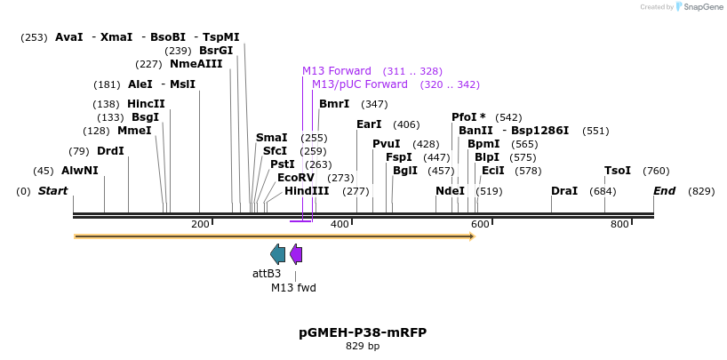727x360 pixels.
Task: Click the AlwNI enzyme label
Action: [79, 171]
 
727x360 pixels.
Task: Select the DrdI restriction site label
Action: [110, 151]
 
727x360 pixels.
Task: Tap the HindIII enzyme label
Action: [307, 191]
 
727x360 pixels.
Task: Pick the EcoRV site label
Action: [296, 178]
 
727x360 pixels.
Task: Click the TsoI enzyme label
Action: [618, 171]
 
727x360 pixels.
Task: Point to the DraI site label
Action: [564, 191]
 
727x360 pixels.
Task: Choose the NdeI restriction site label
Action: [450, 191]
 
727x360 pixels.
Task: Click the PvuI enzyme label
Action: [387, 144]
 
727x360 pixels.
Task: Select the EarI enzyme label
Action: [369, 124]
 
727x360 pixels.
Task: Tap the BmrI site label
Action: [334, 104]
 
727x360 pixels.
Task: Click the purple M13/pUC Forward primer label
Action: [360, 84]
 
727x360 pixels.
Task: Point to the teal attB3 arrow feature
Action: [277, 254]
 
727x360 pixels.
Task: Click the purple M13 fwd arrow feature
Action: [296, 254]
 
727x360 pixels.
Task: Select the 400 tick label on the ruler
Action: [340, 224]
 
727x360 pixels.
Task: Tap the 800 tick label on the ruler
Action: [619, 224]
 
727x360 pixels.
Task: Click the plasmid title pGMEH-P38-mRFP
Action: [363, 332]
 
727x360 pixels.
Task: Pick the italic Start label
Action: [52, 191]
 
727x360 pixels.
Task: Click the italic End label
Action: [664, 191]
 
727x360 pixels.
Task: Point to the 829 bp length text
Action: [363, 347]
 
